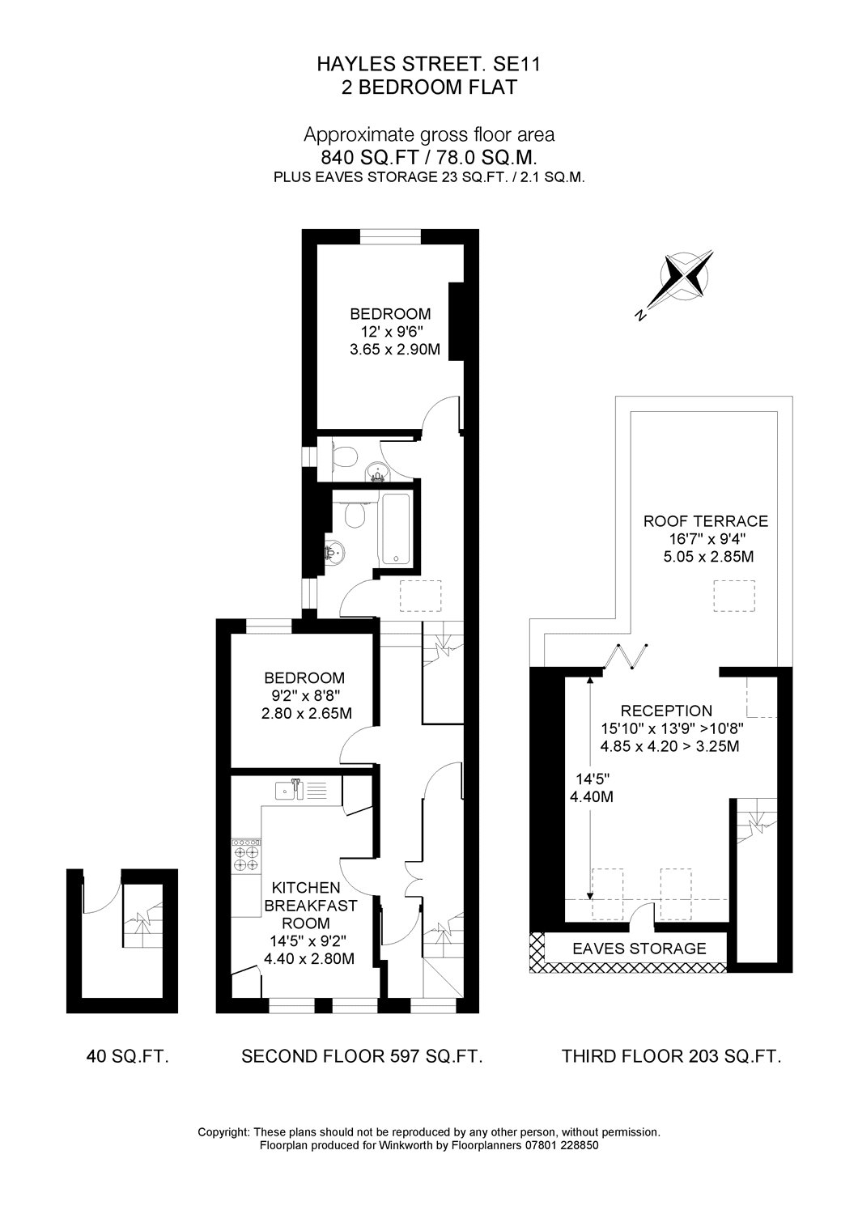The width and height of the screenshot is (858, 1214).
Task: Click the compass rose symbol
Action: pyautogui.click(x=686, y=279)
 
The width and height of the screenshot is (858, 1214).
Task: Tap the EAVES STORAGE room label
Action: pyautogui.click(x=639, y=949)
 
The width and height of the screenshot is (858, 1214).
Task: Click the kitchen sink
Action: pyautogui.click(x=287, y=790)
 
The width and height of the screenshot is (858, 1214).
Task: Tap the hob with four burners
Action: pyautogui.click(x=248, y=855)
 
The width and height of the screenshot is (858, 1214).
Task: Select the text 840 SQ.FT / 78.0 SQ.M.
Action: pyautogui.click(x=429, y=157)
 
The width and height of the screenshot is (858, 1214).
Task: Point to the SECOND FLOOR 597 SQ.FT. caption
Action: pyautogui.click(x=363, y=1055)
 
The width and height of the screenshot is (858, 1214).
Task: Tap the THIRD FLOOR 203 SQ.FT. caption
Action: pyautogui.click(x=672, y=1055)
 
